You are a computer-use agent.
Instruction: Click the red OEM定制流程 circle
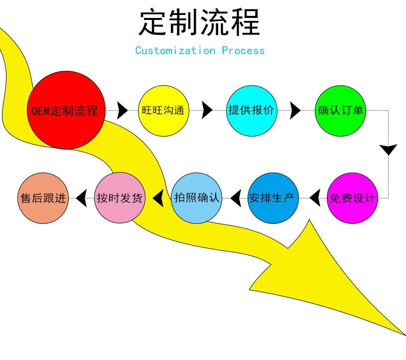65,110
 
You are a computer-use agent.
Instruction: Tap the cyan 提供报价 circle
251,110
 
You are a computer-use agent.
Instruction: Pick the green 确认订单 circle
341,110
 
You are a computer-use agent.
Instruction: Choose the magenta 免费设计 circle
352,198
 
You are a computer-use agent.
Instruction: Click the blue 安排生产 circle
272,198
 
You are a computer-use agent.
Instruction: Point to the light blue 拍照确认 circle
196,198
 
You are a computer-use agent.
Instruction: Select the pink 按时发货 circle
120,198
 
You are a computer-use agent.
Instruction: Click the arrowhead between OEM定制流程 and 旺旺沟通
122,110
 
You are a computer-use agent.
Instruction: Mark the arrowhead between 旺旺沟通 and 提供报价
207,110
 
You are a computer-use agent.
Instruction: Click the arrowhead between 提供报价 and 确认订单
295,110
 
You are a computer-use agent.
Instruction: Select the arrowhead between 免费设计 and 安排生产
315,198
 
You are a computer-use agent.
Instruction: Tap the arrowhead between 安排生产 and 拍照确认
237,198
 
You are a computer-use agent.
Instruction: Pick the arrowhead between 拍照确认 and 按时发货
158,198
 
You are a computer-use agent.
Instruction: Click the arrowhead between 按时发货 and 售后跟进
81,198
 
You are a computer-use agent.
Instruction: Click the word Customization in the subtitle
175,50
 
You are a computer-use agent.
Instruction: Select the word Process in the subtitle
244,50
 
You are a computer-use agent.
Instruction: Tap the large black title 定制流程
199,22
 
